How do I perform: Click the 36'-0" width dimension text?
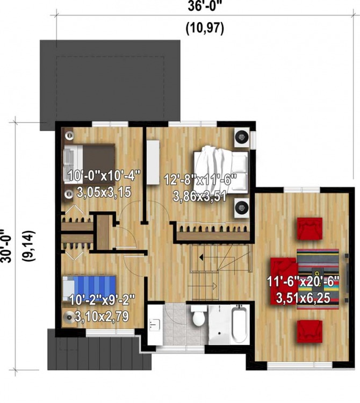point(205,7)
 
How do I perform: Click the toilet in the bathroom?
point(198,318)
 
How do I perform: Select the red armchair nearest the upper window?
point(310,227)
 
